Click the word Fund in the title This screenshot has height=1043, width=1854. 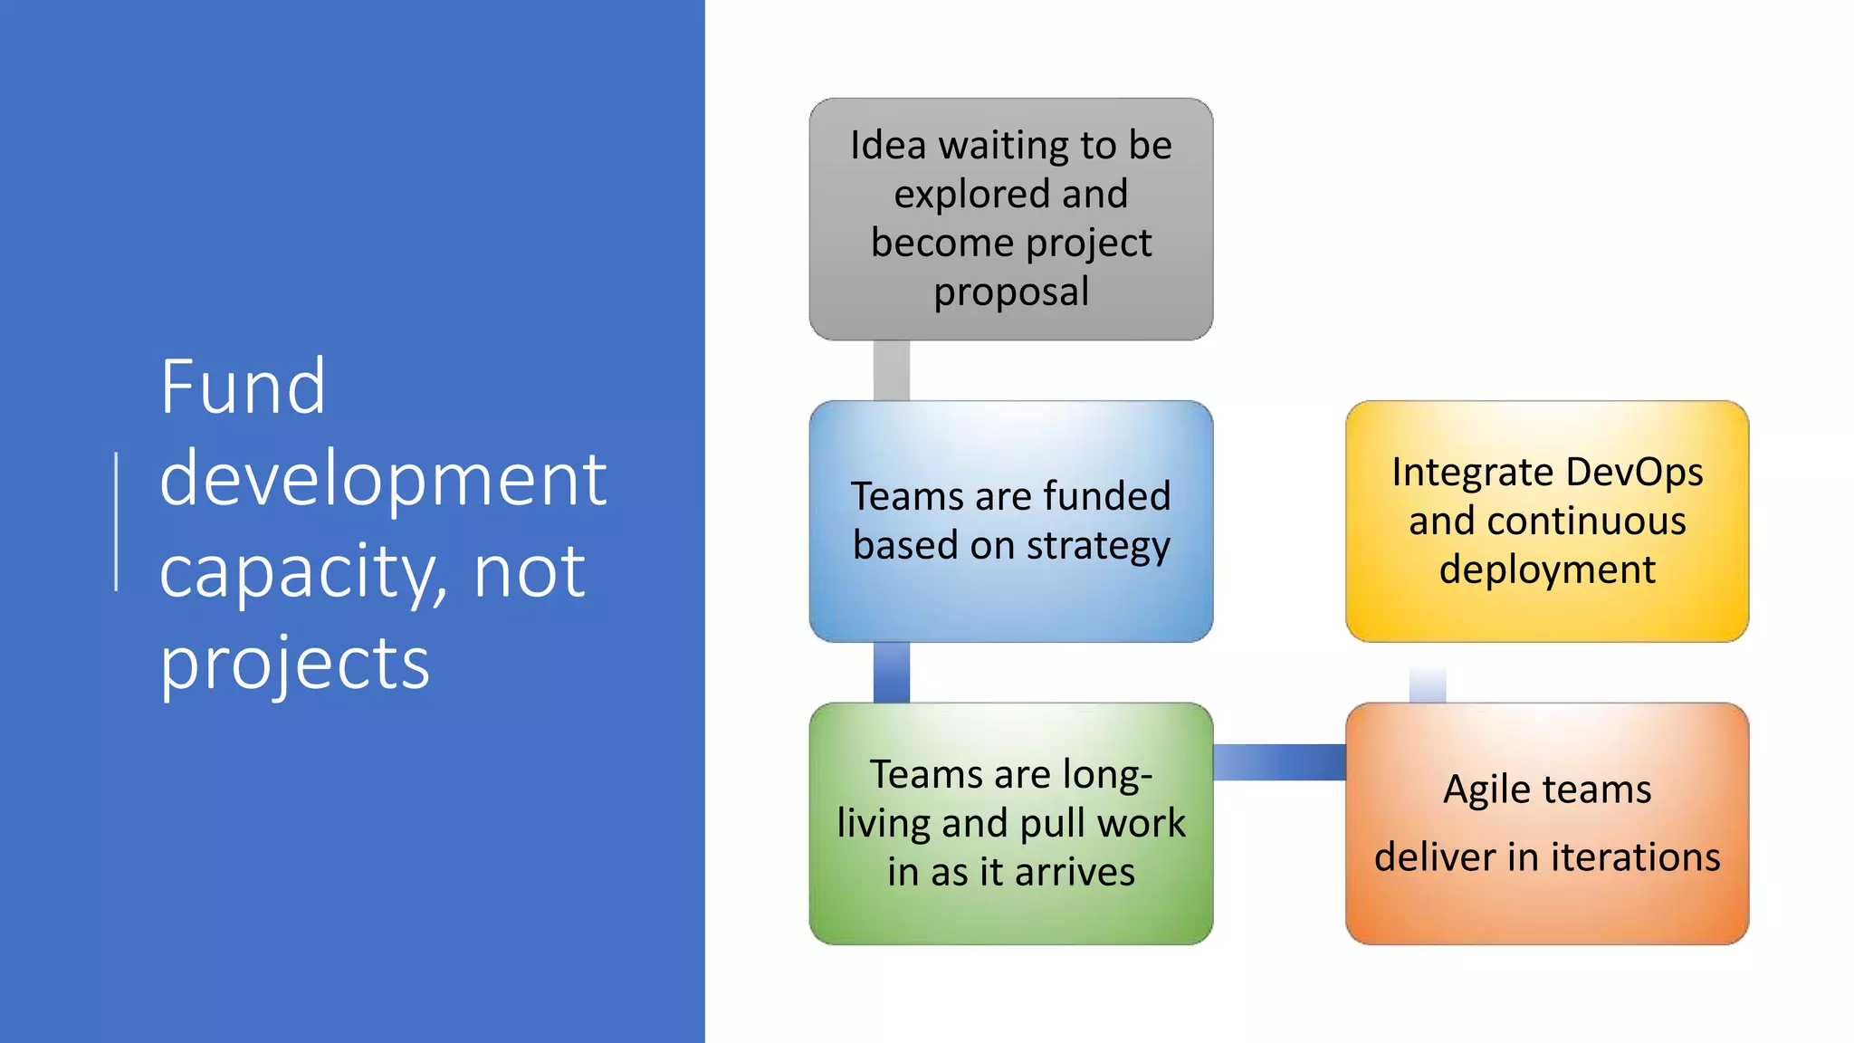point(243,388)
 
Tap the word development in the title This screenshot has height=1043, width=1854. point(382,480)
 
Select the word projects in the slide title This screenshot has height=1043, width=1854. point(294,664)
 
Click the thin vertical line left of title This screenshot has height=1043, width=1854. point(117,521)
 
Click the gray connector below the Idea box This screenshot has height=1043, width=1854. point(891,370)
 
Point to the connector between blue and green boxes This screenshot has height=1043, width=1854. point(891,673)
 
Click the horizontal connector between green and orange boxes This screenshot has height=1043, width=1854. point(1278,762)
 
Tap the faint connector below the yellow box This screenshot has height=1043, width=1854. point(1427,682)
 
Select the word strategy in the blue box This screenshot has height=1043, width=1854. point(1097,546)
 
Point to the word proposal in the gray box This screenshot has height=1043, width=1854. point(1011,292)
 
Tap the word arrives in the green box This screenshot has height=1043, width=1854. point(1075,872)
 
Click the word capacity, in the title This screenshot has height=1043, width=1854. point(302,572)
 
